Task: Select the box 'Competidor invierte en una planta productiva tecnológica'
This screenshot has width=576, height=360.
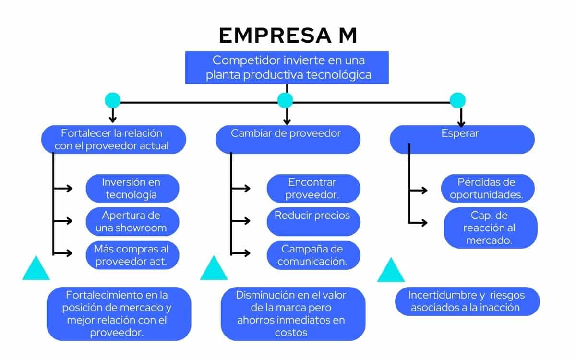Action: (x=287, y=68)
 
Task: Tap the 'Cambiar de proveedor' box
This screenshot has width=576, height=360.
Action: (x=288, y=139)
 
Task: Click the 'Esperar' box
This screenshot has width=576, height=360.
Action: (x=462, y=139)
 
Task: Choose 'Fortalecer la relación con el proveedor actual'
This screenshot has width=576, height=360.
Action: (x=113, y=139)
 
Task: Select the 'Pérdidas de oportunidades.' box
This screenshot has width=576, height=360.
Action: (x=486, y=188)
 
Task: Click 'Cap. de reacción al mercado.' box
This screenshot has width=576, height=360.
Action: (x=490, y=228)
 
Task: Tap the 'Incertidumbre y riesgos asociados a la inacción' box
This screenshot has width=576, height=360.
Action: (x=467, y=301)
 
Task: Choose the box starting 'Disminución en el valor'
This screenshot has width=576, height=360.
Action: (x=293, y=313)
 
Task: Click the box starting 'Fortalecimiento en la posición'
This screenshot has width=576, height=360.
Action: (x=119, y=313)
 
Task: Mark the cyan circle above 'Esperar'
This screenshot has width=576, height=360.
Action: (x=457, y=100)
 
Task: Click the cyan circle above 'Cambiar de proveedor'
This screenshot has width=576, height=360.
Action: (x=285, y=100)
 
